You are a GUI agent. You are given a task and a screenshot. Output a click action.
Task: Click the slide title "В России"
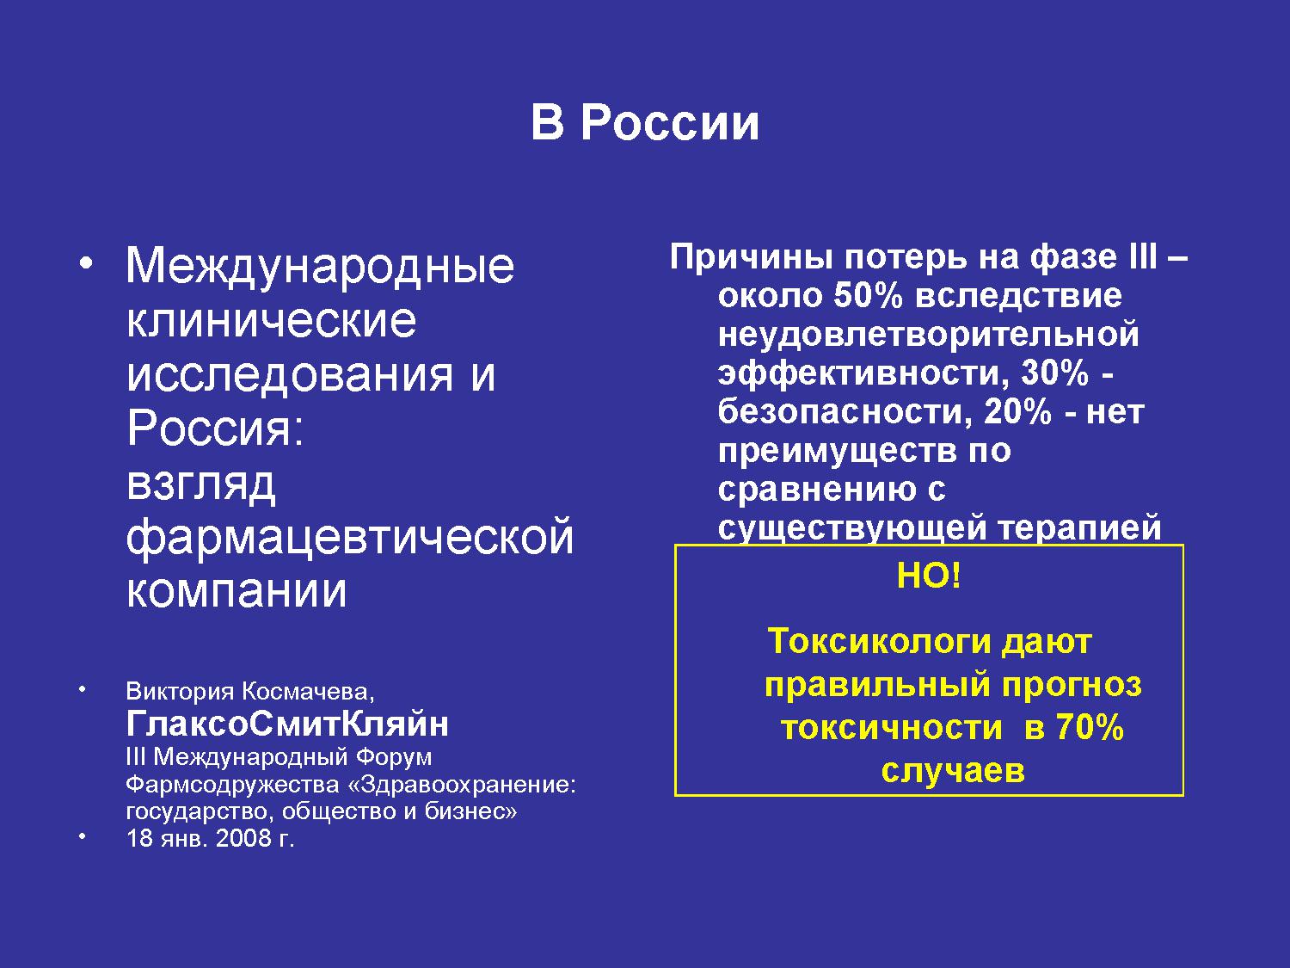tap(645, 122)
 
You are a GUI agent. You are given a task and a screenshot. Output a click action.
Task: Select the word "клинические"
tap(272, 321)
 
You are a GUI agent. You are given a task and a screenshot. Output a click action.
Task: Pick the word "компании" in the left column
tap(236, 590)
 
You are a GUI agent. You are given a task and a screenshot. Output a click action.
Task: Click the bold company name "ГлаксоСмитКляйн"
tap(286, 724)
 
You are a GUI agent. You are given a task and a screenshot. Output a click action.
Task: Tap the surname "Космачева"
tap(308, 691)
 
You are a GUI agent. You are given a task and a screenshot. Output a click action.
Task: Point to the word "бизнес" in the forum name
tap(464, 811)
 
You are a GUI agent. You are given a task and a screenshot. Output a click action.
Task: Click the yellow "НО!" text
tap(929, 575)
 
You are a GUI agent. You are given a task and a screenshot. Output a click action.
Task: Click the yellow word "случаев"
tap(953, 770)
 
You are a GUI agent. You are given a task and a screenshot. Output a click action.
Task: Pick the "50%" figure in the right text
tap(868, 296)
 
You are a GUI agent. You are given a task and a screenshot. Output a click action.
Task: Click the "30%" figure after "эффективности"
tap(1055, 373)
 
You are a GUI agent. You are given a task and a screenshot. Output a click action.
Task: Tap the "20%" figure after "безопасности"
tap(1017, 411)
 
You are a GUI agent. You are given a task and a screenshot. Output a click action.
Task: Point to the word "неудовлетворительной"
tap(929, 335)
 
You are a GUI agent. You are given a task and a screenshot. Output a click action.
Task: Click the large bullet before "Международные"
tap(86, 264)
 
